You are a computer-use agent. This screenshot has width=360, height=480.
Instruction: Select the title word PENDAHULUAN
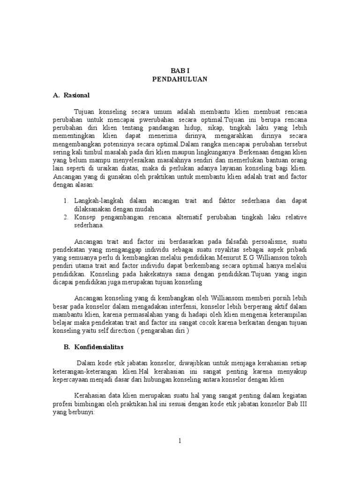(x=180, y=79)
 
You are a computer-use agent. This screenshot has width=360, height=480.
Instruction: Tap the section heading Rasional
(x=76, y=95)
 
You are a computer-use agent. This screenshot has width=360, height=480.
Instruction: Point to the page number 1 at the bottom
(x=180, y=440)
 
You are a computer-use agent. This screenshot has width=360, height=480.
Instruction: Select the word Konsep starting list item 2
(x=85, y=217)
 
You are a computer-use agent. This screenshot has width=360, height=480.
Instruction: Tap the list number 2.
(x=66, y=217)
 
